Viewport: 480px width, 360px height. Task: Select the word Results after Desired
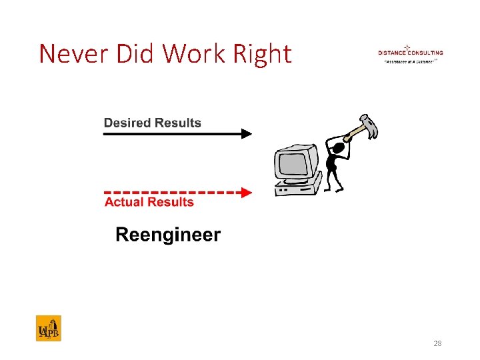point(178,123)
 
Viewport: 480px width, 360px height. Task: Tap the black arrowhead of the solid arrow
point(246,134)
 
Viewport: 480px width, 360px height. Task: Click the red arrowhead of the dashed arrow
point(246,193)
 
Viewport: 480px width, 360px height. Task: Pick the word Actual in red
point(124,203)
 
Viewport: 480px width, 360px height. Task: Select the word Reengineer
point(168,235)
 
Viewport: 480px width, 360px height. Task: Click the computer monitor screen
point(293,162)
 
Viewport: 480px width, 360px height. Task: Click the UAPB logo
point(48,328)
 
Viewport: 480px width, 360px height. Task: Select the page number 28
point(437,344)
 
